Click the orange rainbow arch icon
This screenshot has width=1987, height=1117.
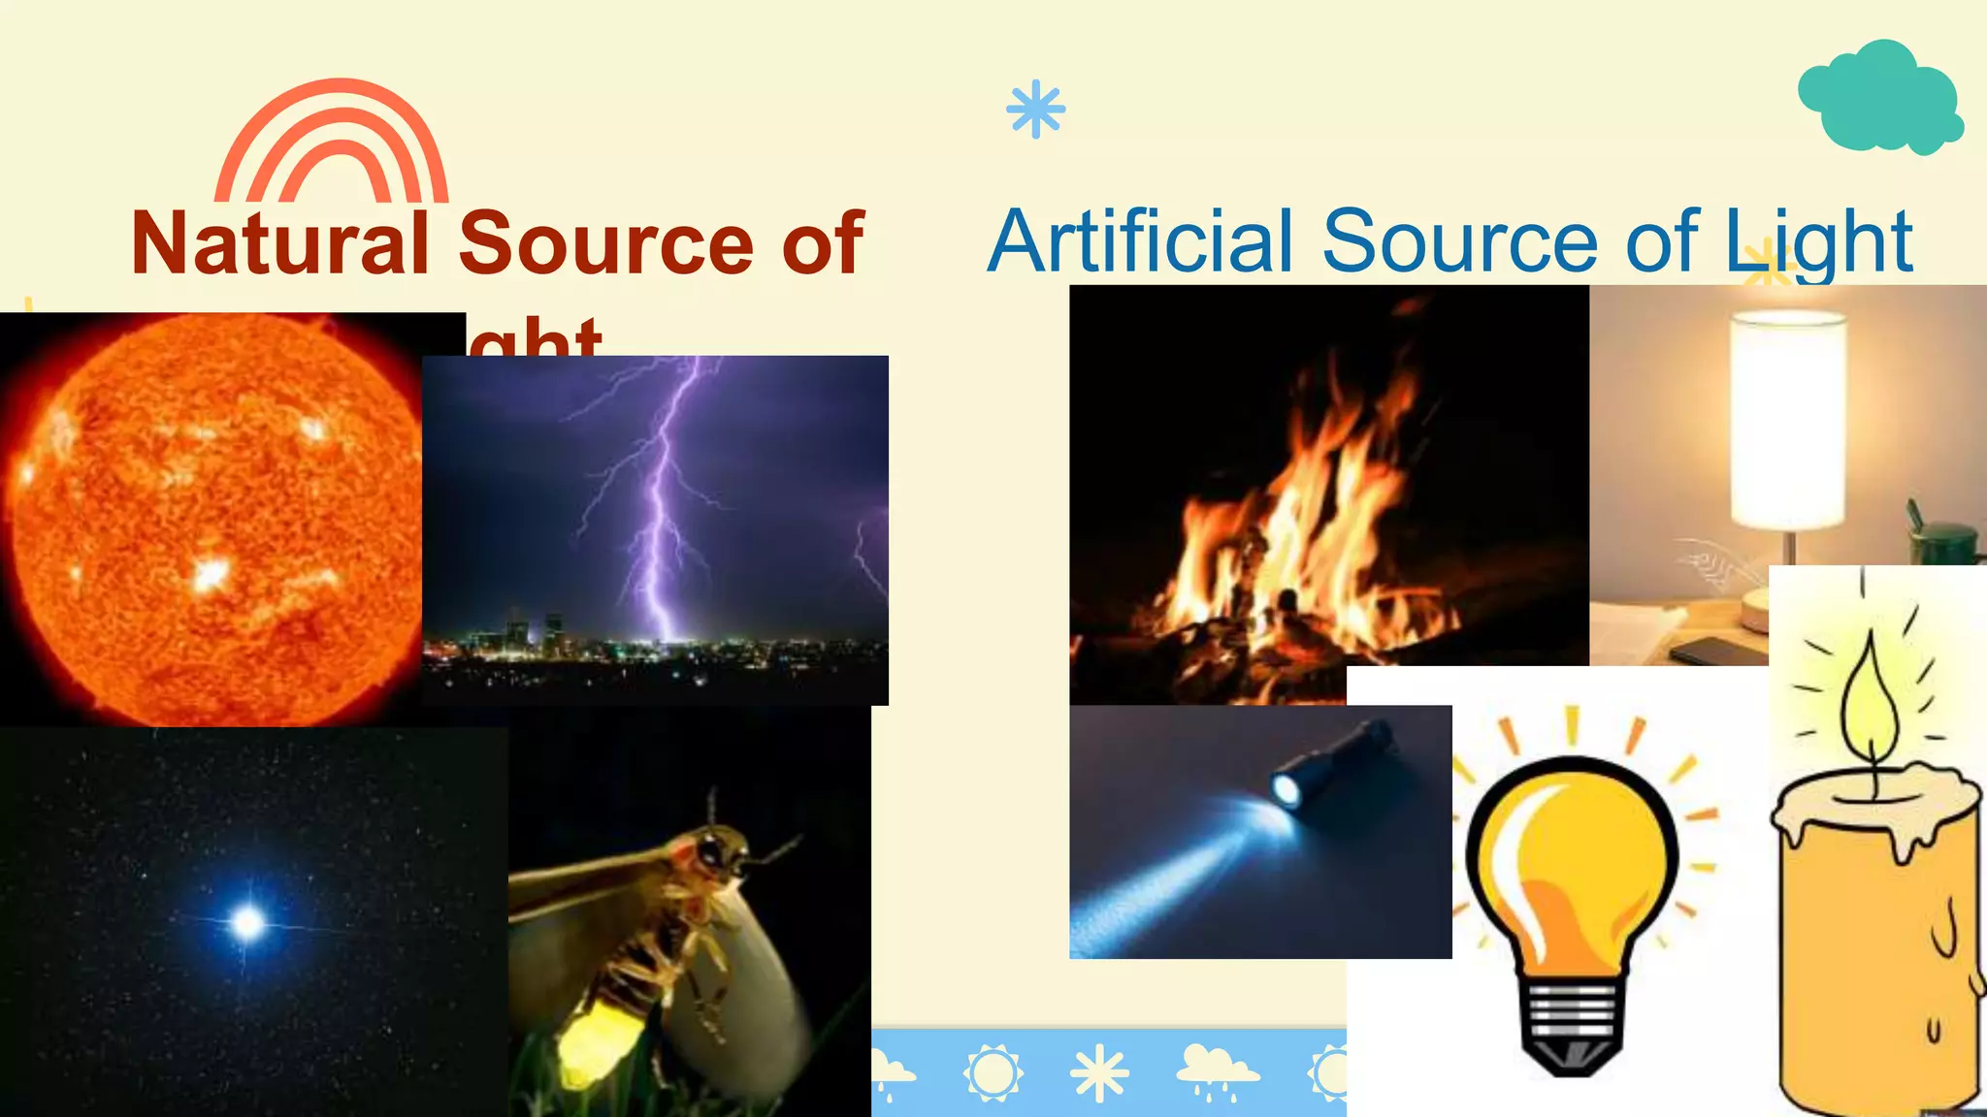(x=332, y=142)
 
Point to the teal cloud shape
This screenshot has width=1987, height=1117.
(x=1879, y=97)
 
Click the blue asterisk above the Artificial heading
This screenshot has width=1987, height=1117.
(x=1035, y=109)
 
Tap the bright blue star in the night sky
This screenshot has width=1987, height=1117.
(x=248, y=921)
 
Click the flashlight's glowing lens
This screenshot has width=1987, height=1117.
(x=1287, y=790)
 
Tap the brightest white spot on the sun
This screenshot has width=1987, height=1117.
(x=210, y=574)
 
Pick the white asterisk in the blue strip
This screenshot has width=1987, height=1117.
(x=1099, y=1074)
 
